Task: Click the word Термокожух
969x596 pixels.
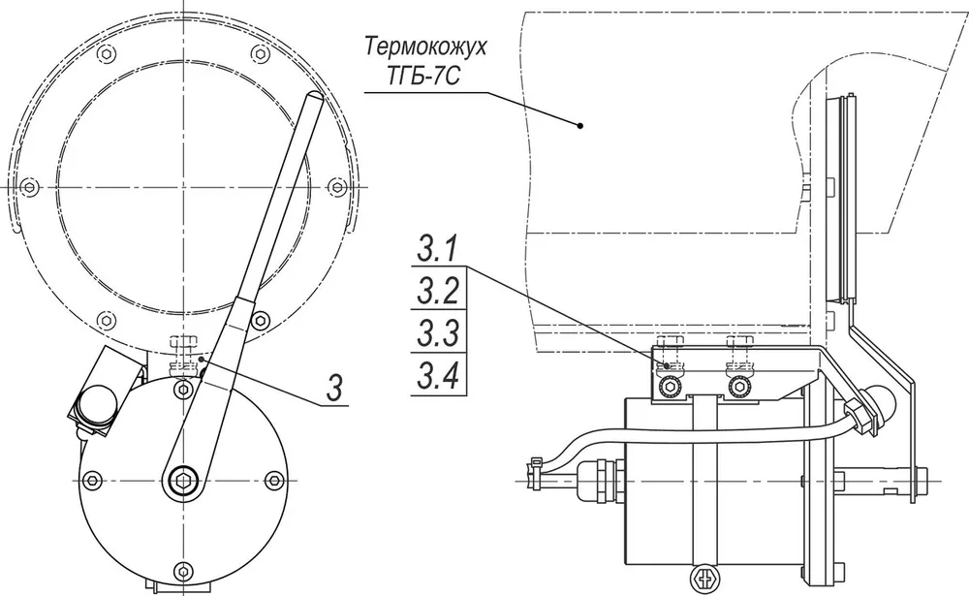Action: click(425, 47)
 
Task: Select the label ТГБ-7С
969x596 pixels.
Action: click(424, 78)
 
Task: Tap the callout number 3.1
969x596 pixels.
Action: click(437, 250)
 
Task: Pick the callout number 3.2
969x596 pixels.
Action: click(438, 291)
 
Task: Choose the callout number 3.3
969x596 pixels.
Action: click(438, 332)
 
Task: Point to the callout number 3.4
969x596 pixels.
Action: click(438, 375)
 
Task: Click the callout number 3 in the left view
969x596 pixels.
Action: click(333, 390)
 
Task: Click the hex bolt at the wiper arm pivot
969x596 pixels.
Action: click(183, 480)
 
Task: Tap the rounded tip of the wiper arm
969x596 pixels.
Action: click(315, 97)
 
